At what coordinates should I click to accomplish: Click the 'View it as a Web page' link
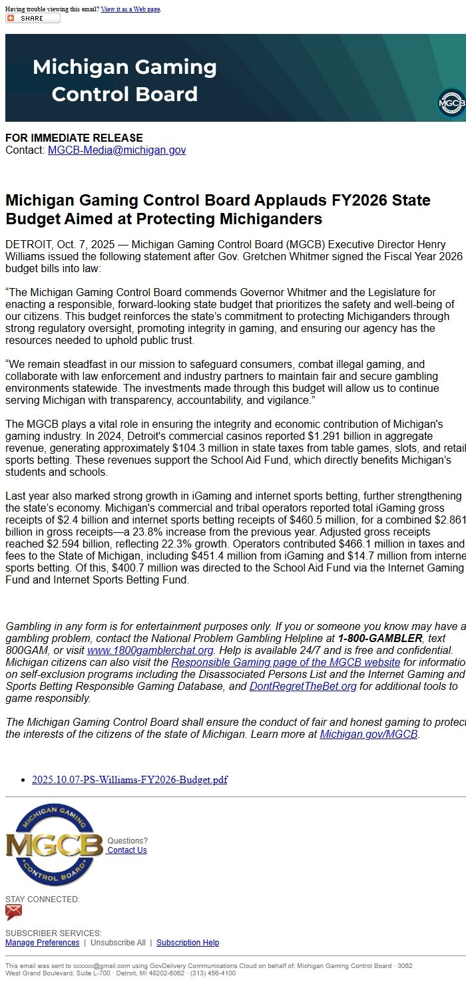pyautogui.click(x=130, y=9)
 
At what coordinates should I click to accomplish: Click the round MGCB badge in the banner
pyautogui.click(x=451, y=103)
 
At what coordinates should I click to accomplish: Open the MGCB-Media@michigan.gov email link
pyautogui.click(x=116, y=150)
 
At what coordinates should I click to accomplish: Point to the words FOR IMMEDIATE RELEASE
pyautogui.click(x=74, y=138)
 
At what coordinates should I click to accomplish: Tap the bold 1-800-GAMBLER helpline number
pyautogui.click(x=379, y=638)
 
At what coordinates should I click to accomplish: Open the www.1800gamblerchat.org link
pyautogui.click(x=150, y=650)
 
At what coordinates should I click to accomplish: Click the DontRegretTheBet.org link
pyautogui.click(x=303, y=686)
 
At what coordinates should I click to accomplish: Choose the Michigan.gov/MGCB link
pyautogui.click(x=368, y=735)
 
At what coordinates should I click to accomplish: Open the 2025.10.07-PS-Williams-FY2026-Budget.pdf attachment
pyautogui.click(x=130, y=780)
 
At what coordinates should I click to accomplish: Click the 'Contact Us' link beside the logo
pyautogui.click(x=127, y=850)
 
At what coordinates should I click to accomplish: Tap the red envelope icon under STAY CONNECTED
pyautogui.click(x=13, y=912)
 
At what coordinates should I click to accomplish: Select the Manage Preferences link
pyautogui.click(x=42, y=943)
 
